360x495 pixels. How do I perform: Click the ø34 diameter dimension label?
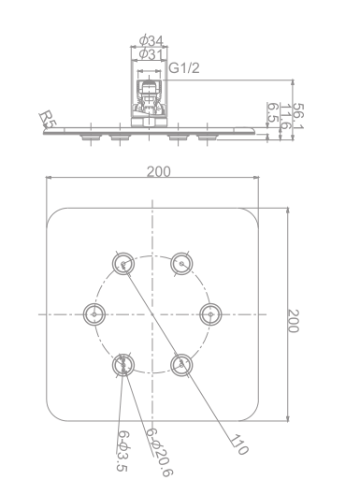151,40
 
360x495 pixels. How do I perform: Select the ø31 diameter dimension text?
151,54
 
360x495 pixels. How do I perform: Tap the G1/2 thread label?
184,68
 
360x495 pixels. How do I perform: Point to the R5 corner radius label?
48,118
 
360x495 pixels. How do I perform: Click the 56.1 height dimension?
298,116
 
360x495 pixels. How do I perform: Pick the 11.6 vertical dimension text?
285,116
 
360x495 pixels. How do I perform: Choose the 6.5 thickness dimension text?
273,113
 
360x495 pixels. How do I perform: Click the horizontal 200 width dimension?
159,171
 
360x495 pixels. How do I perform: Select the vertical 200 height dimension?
294,321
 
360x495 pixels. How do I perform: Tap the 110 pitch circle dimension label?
238,444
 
